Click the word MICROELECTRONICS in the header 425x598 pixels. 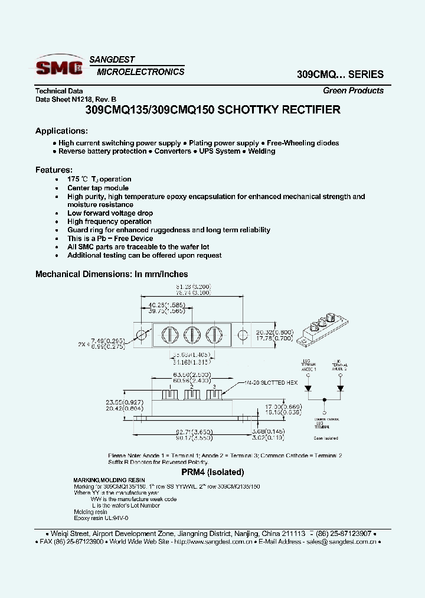pyautogui.click(x=140, y=72)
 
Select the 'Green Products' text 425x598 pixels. pyautogui.click(x=353, y=90)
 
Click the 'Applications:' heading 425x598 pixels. pyautogui.click(x=61, y=131)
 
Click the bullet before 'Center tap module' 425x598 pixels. pyautogui.click(x=56, y=188)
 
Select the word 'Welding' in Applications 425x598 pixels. pyautogui.click(x=261, y=151)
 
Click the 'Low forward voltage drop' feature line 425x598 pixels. pyautogui.click(x=110, y=213)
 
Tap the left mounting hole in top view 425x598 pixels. pyautogui.click(x=141, y=335)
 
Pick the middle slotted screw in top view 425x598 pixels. pyautogui.click(x=191, y=335)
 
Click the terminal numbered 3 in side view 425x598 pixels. pyautogui.click(x=216, y=394)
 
